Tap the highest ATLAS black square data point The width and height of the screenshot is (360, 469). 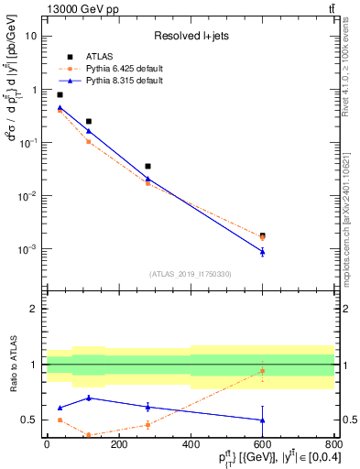(x=60, y=94)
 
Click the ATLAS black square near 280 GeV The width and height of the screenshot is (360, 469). (x=147, y=167)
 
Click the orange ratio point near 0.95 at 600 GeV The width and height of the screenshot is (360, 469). (x=262, y=371)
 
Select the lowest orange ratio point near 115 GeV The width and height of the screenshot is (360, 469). (x=88, y=435)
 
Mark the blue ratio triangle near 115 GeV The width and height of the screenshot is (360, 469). (x=88, y=398)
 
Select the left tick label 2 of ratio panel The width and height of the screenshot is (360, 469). (x=34, y=309)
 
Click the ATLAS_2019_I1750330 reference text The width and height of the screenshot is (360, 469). (x=189, y=273)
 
